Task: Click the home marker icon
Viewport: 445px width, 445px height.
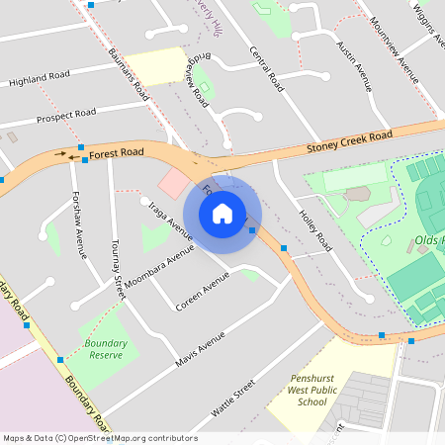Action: pyautogui.click(x=222, y=213)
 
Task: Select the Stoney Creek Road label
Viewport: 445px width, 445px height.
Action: pyautogui.click(x=349, y=141)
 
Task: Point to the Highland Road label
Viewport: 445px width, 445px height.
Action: pyautogui.click(x=41, y=77)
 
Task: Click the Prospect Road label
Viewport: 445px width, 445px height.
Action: pyautogui.click(x=65, y=115)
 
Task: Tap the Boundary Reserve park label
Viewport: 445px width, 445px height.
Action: pyautogui.click(x=105, y=348)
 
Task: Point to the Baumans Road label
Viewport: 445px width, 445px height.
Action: pyautogui.click(x=129, y=70)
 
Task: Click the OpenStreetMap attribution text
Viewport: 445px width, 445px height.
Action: pyautogui.click(x=99, y=438)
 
